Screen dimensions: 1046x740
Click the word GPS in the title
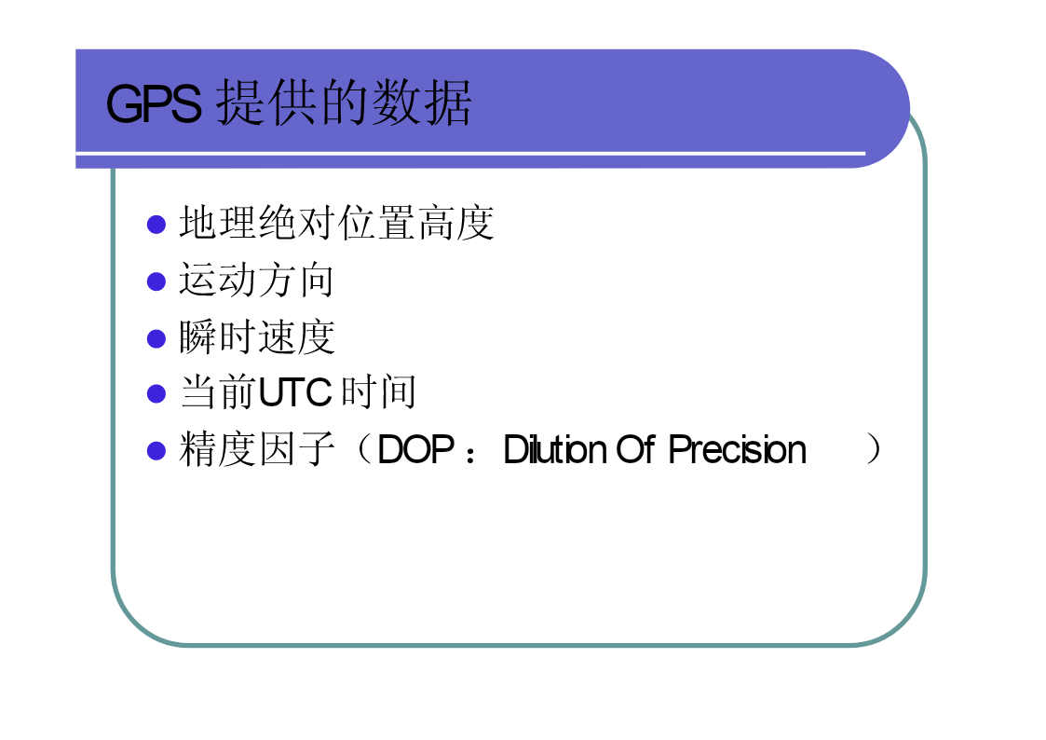[x=154, y=104]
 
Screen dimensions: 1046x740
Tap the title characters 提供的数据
[x=345, y=103]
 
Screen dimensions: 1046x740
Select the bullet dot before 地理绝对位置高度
[x=156, y=225]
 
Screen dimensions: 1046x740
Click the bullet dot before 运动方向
[x=156, y=281]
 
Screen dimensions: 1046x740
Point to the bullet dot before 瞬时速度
[x=156, y=339]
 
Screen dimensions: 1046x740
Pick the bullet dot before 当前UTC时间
[x=156, y=393]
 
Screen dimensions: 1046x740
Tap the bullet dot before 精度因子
[x=156, y=451]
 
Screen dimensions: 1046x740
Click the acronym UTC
[x=295, y=392]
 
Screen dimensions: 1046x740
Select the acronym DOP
[x=415, y=450]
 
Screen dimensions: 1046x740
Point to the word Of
[x=636, y=449]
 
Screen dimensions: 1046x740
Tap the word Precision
[x=737, y=449]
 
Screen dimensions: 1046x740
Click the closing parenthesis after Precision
[x=873, y=449]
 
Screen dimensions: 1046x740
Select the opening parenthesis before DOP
[x=364, y=449]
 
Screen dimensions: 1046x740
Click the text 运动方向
[x=256, y=280]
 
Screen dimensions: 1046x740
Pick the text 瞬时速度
[x=257, y=337]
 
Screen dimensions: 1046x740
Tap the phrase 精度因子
[x=257, y=449]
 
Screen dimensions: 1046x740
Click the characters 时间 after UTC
[x=378, y=391]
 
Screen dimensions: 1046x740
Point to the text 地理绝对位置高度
[x=336, y=222]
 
